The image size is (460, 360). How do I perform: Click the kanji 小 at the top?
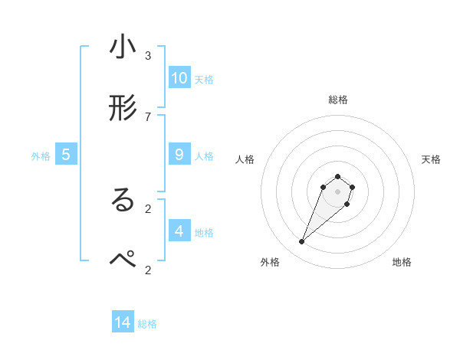[123, 47]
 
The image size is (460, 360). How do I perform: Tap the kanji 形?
[123, 108]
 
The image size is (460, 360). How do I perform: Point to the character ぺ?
[123, 259]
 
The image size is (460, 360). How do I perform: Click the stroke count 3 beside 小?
[148, 55]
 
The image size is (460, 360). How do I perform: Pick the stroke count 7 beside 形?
[148, 116]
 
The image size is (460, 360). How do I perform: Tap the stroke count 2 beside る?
[148, 208]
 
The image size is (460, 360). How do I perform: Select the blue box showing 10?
[179, 78]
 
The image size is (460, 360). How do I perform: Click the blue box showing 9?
[179, 154]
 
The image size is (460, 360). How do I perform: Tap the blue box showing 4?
[179, 231]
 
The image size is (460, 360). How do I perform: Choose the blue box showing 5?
[66, 155]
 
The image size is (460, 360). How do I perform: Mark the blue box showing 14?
[123, 323]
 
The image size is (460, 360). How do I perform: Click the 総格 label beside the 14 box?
[147, 324]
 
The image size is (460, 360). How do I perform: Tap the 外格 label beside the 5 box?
[41, 155]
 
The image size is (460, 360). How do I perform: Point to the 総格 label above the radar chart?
[338, 100]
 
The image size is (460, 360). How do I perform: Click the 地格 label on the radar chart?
[402, 262]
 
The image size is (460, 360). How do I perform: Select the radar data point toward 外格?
[302, 242]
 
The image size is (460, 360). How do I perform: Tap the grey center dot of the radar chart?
[338, 191]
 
